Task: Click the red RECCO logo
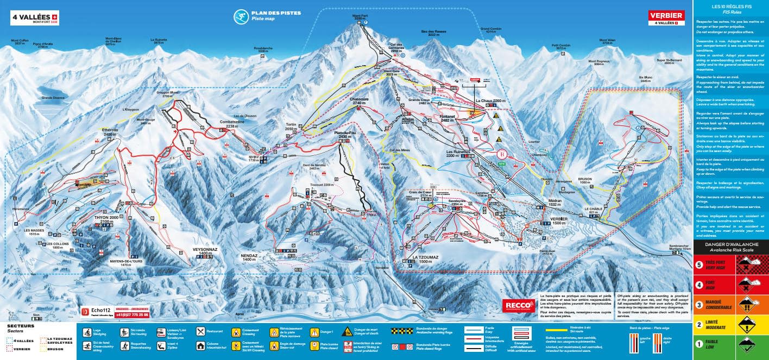(518, 305)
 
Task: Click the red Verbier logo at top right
(666, 18)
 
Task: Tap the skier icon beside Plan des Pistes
(239, 16)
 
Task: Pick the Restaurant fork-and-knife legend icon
(200, 331)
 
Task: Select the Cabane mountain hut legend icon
(200, 345)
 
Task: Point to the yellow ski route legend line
(558, 330)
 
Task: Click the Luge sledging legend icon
(86, 331)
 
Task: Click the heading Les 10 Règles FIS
(730, 7)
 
